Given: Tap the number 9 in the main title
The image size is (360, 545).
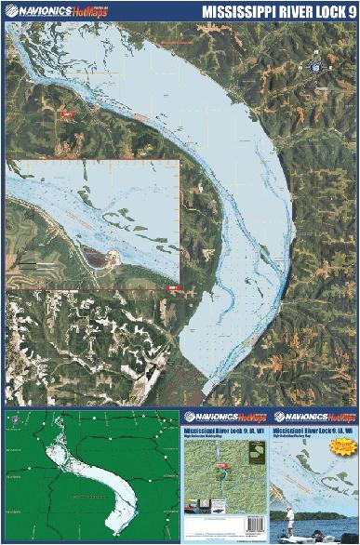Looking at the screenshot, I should click(x=349, y=12).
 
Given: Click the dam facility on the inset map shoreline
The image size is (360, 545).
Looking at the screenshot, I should click(x=102, y=258).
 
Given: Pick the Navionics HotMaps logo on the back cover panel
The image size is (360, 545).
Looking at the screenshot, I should click(x=223, y=418).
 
